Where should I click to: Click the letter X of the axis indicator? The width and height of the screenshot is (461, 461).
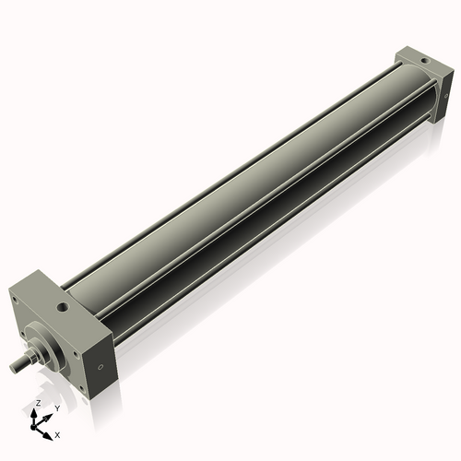pos(57,433)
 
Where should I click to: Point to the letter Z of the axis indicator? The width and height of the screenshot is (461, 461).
pos(36,404)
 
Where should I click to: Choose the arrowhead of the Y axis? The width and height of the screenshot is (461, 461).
pos(48,412)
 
